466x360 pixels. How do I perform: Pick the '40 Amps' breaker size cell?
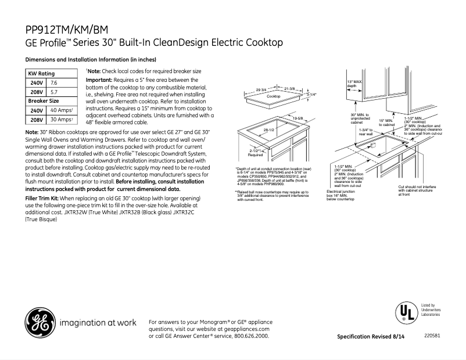(62, 110)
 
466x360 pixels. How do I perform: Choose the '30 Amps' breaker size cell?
(62, 120)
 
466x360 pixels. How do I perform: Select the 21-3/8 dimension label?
(291, 88)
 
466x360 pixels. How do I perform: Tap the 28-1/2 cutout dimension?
(269, 131)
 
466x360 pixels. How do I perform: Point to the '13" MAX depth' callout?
(354, 83)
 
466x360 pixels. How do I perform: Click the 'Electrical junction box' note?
(340, 195)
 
